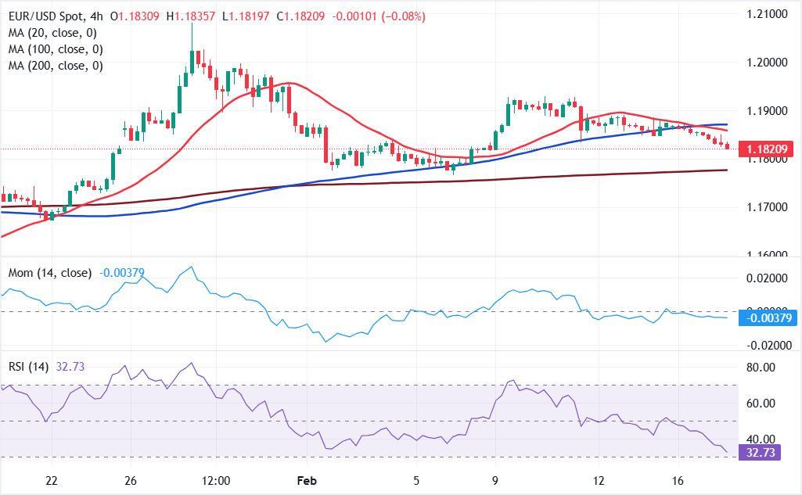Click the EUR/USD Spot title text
[47, 16]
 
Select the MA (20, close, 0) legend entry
[53, 32]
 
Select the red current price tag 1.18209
[771, 147]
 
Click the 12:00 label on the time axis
[215, 479]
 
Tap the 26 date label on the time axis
[131, 479]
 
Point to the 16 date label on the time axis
[679, 479]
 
